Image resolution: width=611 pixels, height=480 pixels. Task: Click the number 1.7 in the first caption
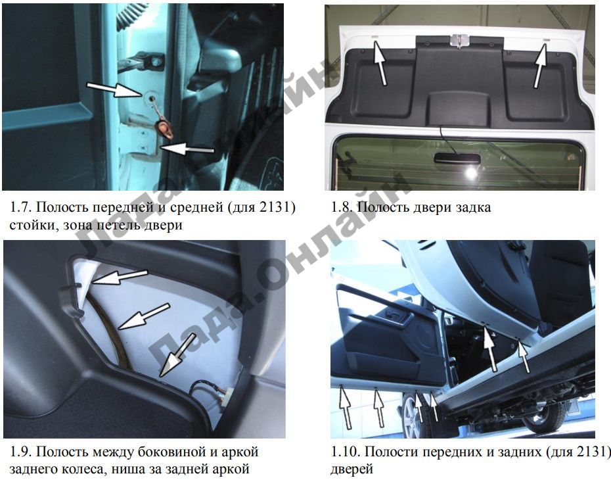coord(20,206)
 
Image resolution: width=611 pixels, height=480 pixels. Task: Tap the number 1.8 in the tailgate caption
coord(342,206)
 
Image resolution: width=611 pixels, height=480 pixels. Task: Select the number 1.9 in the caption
coord(20,452)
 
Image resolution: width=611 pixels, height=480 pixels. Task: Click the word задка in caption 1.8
coord(473,207)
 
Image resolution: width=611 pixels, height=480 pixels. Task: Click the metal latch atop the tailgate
coord(459,40)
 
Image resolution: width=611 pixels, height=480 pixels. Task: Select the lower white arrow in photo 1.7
coord(187,149)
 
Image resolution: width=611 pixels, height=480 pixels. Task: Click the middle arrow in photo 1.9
coord(143,316)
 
